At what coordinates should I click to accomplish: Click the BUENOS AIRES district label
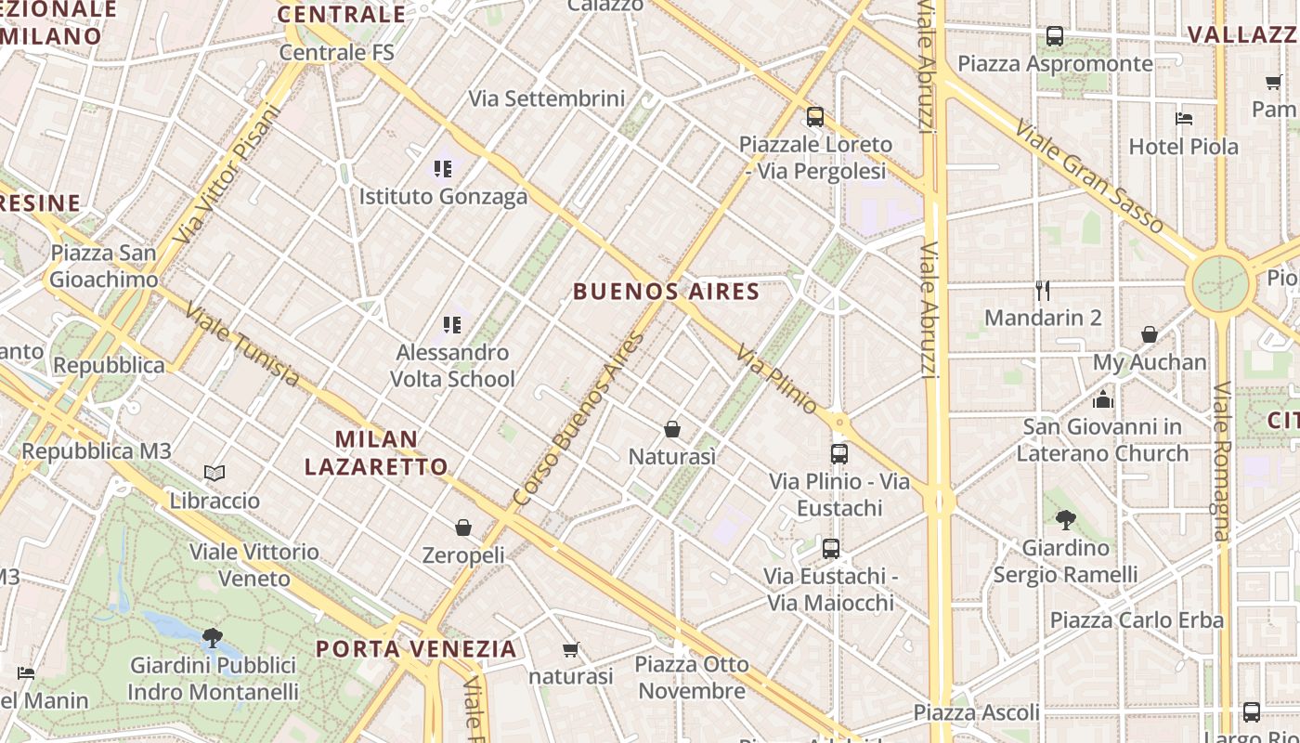pos(666,292)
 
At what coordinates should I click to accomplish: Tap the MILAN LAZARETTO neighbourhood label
pos(376,452)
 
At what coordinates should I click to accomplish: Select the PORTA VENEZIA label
pos(415,648)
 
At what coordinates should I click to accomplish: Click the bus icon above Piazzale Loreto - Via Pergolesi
pos(814,117)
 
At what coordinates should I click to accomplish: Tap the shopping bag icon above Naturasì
pos(672,429)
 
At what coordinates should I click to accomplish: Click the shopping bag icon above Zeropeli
pos(463,528)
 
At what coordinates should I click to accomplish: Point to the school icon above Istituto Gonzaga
pos(443,169)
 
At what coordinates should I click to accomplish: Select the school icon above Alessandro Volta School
pos(452,325)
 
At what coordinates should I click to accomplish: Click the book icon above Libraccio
pos(214,474)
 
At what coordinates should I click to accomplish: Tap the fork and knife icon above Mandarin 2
pos(1043,291)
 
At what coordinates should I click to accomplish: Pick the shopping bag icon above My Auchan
pos(1150,334)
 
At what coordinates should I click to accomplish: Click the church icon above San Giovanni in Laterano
pos(1103,399)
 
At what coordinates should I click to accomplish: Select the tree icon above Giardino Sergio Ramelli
pos(1065,520)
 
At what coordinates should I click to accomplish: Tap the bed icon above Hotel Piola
pos(1184,119)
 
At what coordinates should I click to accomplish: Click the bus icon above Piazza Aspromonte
pos(1055,36)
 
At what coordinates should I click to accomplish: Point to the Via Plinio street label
pos(777,380)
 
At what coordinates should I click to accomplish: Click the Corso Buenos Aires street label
pos(578,420)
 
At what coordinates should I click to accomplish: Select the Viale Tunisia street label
pos(241,345)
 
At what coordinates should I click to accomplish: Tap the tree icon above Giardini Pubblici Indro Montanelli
pos(213,637)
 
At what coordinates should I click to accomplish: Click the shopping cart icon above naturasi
pos(571,649)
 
